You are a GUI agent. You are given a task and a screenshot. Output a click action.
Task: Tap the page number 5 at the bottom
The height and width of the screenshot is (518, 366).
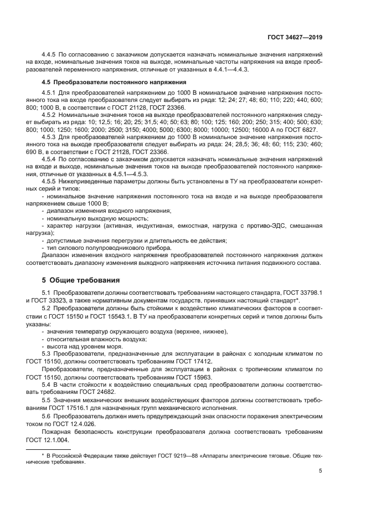(x=321, y=471)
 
